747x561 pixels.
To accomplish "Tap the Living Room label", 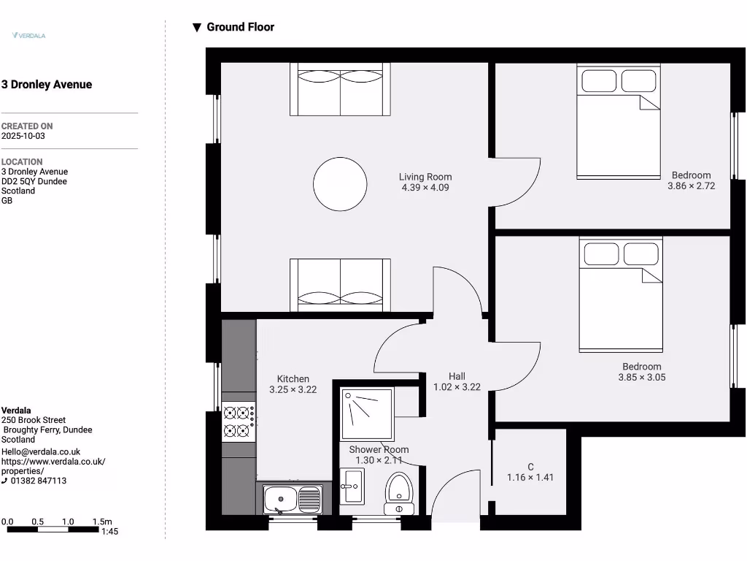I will point(425,177).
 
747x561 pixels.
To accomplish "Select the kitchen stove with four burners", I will point(239,421).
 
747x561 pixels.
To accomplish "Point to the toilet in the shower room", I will point(398,492).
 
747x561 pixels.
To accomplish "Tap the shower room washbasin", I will point(353,486).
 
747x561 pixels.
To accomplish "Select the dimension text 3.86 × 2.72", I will point(691,186).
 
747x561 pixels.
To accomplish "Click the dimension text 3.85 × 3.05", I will point(642,378).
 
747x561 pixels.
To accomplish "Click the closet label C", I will point(530,467).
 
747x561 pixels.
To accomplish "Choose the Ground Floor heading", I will point(240,27).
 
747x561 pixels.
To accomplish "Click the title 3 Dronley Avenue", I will point(47,85).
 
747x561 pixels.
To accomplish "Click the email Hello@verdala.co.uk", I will point(41,452).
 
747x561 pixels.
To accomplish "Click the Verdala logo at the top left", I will point(29,35).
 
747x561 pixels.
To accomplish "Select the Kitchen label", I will point(293,379).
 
